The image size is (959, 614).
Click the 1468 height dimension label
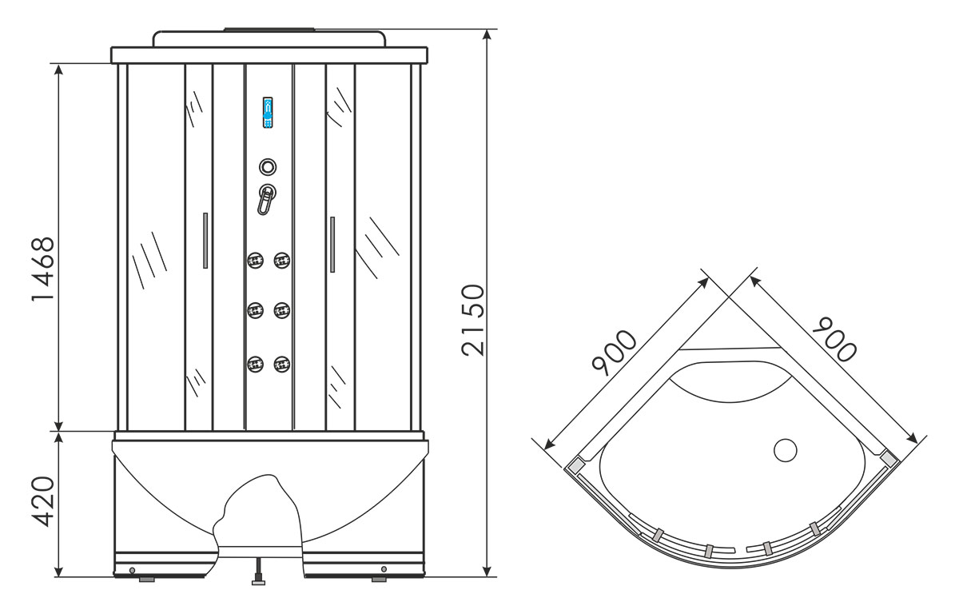43,269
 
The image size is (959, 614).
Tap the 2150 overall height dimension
473,320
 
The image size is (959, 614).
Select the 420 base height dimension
43,501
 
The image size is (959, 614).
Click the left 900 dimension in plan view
615,352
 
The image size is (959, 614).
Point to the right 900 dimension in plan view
835,339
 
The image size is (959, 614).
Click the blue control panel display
268,113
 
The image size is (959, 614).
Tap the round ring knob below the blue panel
268,166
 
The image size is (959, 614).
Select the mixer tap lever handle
265,200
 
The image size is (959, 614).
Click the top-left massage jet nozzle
255,260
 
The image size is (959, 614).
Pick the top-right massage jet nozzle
281,260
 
